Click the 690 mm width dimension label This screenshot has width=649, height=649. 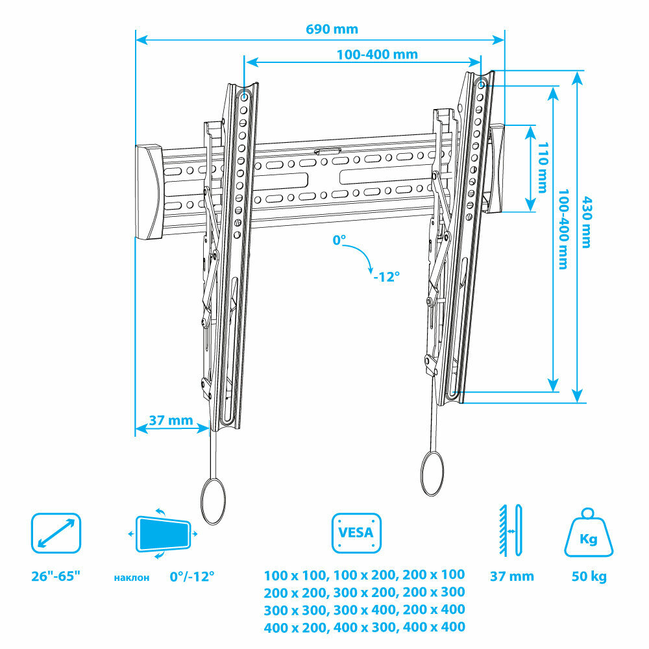pyautogui.click(x=332, y=29)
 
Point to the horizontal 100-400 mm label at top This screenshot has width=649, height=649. pyautogui.click(x=377, y=55)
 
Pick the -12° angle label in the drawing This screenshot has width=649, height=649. pyautogui.click(x=386, y=276)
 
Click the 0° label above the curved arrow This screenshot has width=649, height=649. pyautogui.click(x=339, y=241)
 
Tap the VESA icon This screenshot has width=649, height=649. pyautogui.click(x=356, y=533)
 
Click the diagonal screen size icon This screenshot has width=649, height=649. pyautogui.click(x=56, y=532)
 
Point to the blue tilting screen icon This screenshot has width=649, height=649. pyautogui.click(x=163, y=533)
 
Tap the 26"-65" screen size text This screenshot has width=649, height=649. pyautogui.click(x=56, y=576)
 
